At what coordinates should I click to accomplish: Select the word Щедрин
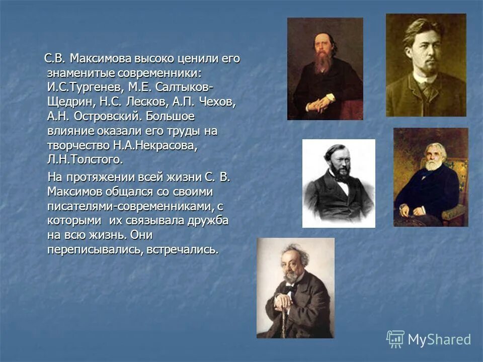67,102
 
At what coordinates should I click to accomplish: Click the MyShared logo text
439,339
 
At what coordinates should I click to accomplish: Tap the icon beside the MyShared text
395,339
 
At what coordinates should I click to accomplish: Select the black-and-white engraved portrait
339,183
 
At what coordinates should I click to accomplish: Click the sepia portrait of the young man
426,65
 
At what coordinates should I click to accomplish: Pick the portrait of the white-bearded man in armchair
431,177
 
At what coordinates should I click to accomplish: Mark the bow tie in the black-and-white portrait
342,183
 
